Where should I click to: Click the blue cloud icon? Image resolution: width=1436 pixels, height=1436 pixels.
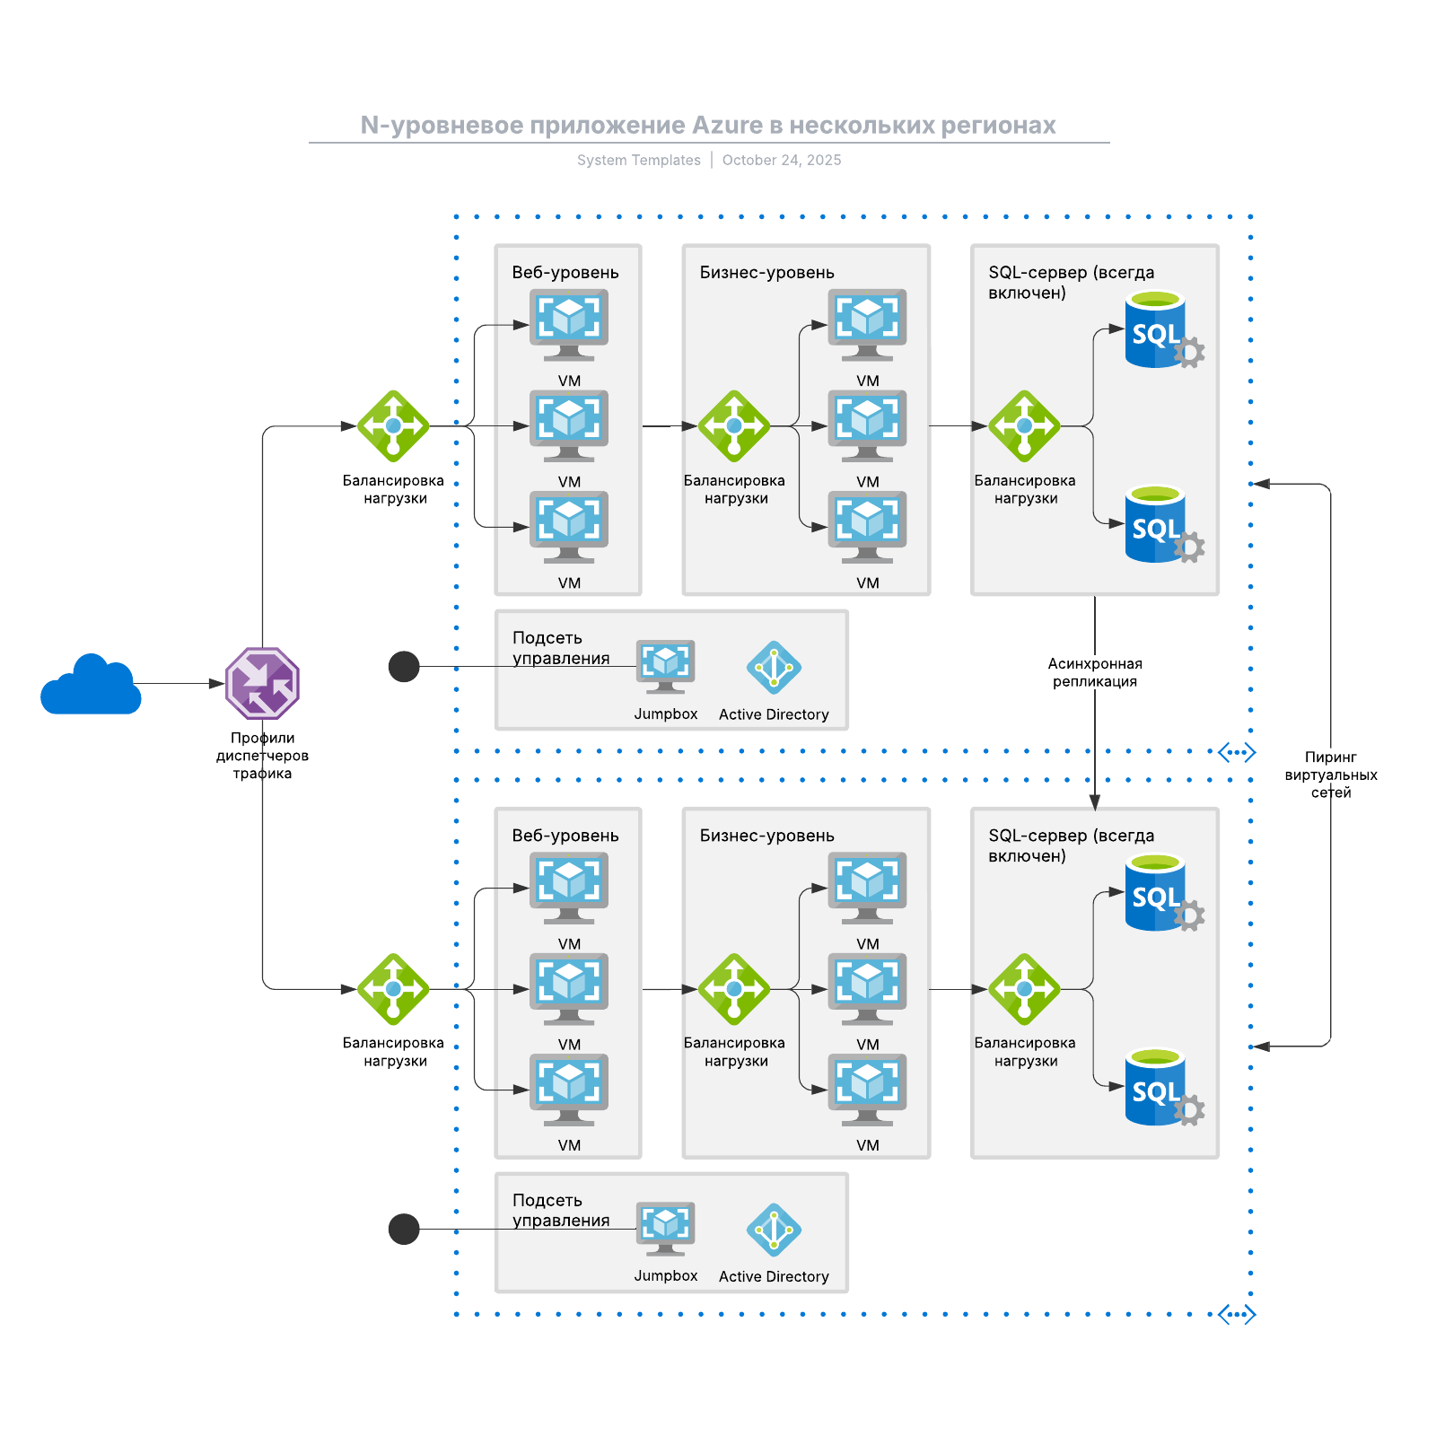(91, 686)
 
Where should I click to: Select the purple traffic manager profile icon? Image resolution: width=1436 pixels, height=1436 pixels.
(262, 683)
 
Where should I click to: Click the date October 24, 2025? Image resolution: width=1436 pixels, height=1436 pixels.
(781, 160)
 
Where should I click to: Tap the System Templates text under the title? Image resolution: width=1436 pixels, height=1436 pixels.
(638, 160)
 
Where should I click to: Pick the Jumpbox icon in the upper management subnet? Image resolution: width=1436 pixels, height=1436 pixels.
(665, 666)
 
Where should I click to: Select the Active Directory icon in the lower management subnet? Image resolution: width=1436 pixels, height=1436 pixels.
(773, 1230)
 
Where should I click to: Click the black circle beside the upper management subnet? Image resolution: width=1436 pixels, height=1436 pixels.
(404, 666)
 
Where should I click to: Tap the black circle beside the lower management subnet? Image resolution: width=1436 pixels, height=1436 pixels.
(404, 1229)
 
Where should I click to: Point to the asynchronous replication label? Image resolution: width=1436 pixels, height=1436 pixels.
(1094, 672)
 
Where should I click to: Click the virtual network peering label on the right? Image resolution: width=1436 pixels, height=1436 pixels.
(1330, 775)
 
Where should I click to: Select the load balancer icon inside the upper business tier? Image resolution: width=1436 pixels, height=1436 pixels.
(734, 426)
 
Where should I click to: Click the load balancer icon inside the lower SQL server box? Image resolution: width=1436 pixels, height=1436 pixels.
(1024, 989)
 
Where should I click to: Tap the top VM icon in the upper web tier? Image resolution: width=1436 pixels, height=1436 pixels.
(569, 323)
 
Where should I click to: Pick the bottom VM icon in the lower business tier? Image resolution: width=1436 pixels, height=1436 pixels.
(867, 1089)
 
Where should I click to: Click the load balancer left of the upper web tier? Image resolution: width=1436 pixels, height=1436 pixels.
(393, 426)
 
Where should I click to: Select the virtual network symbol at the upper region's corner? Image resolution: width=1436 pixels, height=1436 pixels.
(1237, 752)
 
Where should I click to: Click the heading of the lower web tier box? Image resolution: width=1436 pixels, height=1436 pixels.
(565, 836)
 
